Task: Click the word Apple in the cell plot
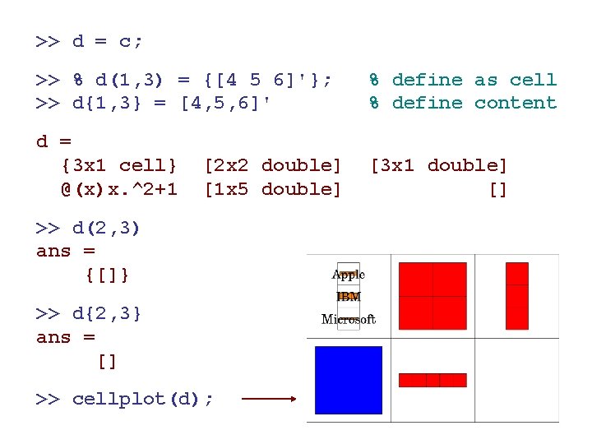click(x=349, y=275)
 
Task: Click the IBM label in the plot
click(x=349, y=297)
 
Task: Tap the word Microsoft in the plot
click(x=349, y=319)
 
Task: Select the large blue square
click(x=349, y=380)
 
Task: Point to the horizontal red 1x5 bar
click(x=432, y=380)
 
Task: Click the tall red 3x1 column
click(x=517, y=296)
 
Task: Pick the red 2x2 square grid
click(x=432, y=296)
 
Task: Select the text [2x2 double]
click(x=272, y=166)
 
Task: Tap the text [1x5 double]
click(x=272, y=189)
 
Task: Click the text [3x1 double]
click(x=439, y=166)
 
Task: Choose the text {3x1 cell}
click(x=119, y=166)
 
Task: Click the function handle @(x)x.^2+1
click(x=118, y=189)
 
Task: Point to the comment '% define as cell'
click(x=462, y=80)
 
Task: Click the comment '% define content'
click(x=462, y=103)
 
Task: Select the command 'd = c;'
click(x=108, y=40)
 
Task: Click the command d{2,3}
click(x=107, y=313)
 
